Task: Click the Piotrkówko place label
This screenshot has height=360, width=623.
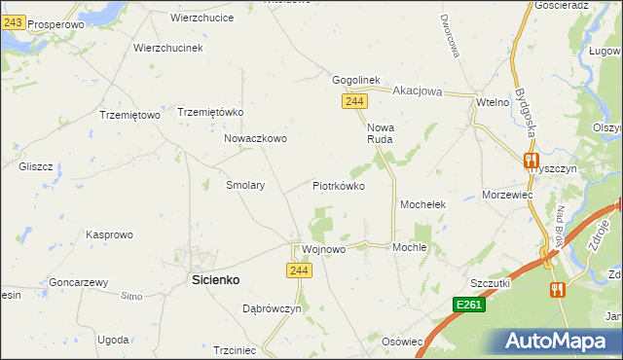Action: pyautogui.click(x=338, y=185)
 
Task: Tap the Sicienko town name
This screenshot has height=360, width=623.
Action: pyautogui.click(x=213, y=279)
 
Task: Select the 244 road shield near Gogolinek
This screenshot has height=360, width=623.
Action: pyautogui.click(x=353, y=101)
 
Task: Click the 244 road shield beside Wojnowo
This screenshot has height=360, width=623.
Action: pyautogui.click(x=300, y=270)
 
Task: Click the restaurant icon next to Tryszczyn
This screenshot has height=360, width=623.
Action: pyautogui.click(x=531, y=161)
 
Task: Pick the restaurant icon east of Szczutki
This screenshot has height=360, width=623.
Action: pyautogui.click(x=557, y=289)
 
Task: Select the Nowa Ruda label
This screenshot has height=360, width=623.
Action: pyautogui.click(x=380, y=133)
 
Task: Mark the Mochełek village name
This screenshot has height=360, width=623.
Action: pyautogui.click(x=422, y=205)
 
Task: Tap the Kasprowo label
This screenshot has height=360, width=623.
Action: pyautogui.click(x=109, y=234)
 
